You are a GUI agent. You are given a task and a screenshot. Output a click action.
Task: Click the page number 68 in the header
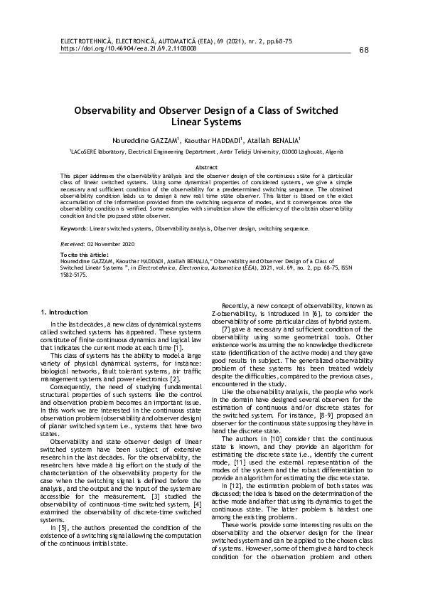tap(365, 50)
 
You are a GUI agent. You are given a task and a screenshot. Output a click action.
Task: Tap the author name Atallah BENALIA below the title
tap(275, 140)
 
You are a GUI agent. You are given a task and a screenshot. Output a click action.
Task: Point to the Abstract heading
tap(211, 166)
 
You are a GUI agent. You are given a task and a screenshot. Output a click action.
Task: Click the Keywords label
tap(74, 229)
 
